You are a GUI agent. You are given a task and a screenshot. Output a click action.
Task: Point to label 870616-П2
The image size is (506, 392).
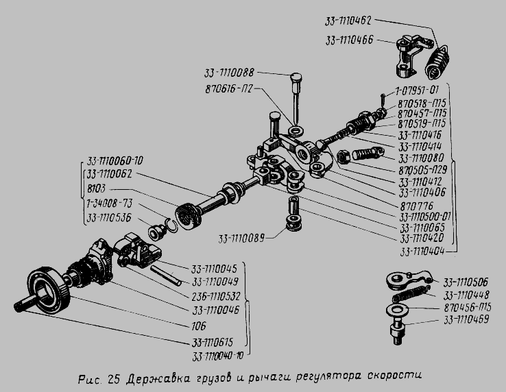point(232,89)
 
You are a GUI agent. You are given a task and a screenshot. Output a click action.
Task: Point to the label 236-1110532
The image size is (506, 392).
point(217,296)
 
